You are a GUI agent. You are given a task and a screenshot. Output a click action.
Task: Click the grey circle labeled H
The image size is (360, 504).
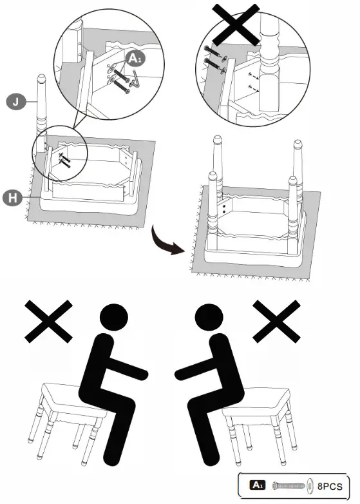[x=14, y=196]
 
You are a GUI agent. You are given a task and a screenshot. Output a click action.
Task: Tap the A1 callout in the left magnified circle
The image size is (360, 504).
[x=133, y=59]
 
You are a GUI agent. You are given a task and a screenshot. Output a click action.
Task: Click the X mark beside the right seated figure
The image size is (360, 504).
[x=278, y=320]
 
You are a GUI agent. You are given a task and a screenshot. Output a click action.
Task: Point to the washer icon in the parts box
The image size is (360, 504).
[x=310, y=485]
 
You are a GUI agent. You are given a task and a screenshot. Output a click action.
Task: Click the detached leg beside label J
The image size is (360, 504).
[x=42, y=110]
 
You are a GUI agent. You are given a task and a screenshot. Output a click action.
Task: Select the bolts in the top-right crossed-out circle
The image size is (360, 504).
[x=214, y=56]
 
